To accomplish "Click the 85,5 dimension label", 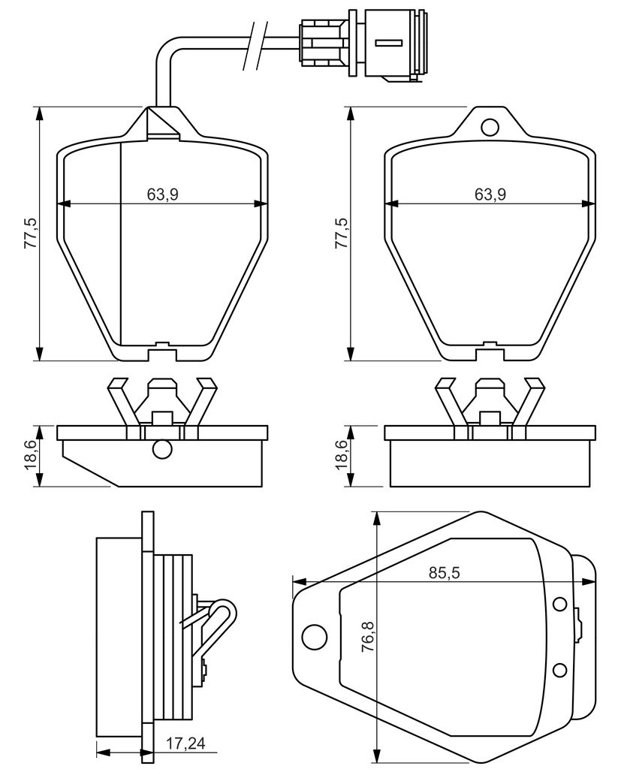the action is point(445,572).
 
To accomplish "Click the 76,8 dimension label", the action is point(367,637).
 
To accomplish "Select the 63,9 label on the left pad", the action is point(162,195).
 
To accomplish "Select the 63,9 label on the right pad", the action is point(490,195).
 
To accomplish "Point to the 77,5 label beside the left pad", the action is point(32,234).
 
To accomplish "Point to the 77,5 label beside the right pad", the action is point(342,234).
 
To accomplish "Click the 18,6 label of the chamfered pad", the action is point(32,456).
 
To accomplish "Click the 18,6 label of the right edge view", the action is point(342,456).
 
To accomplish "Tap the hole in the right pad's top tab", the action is point(490,127).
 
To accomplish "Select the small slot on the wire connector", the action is point(389,43).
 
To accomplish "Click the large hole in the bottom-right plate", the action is point(315,637).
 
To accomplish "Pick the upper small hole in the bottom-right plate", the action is point(559,604).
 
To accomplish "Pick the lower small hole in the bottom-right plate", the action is point(559,669).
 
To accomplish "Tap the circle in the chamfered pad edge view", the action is point(162,449).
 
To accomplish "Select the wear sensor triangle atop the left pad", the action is point(162,122).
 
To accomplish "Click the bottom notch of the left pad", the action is point(162,351).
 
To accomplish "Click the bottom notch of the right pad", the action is point(490,351).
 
